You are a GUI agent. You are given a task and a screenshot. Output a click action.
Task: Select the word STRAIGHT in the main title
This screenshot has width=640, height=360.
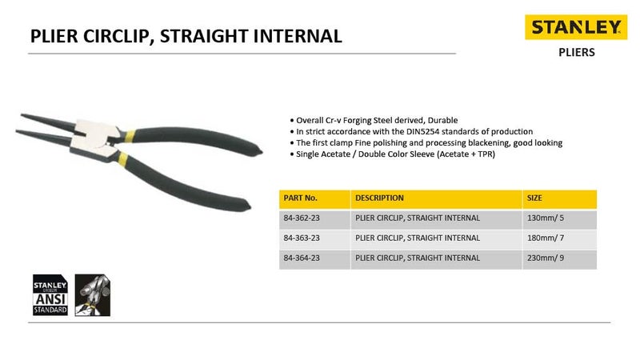pos(207,35)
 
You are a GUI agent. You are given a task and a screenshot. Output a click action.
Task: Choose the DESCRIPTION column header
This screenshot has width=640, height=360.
pos(379,198)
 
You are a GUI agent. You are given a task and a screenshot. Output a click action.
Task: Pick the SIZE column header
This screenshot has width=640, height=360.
pos(534,198)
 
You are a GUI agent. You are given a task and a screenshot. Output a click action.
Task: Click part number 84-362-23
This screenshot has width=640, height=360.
pos(303,218)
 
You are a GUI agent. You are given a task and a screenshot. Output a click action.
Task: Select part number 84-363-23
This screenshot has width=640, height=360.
pos(303,238)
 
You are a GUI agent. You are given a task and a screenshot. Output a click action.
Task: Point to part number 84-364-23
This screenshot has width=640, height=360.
pos(303,258)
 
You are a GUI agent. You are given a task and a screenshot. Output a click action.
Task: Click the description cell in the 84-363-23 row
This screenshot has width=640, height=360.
pos(418,238)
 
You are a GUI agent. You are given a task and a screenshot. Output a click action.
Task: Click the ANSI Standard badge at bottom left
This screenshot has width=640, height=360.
pos(50,294)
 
